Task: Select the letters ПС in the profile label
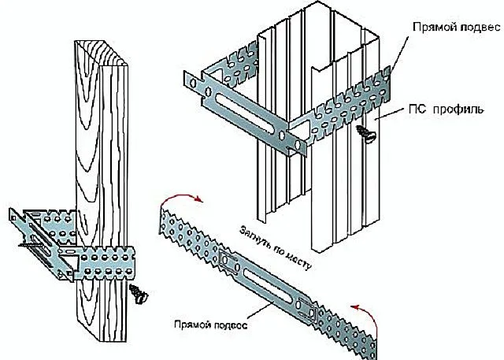417,109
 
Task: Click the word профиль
458,110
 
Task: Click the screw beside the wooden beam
139,294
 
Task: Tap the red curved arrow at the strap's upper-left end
180,199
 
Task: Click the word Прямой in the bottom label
192,324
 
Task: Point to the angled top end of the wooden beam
101,53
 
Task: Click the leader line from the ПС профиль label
389,113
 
